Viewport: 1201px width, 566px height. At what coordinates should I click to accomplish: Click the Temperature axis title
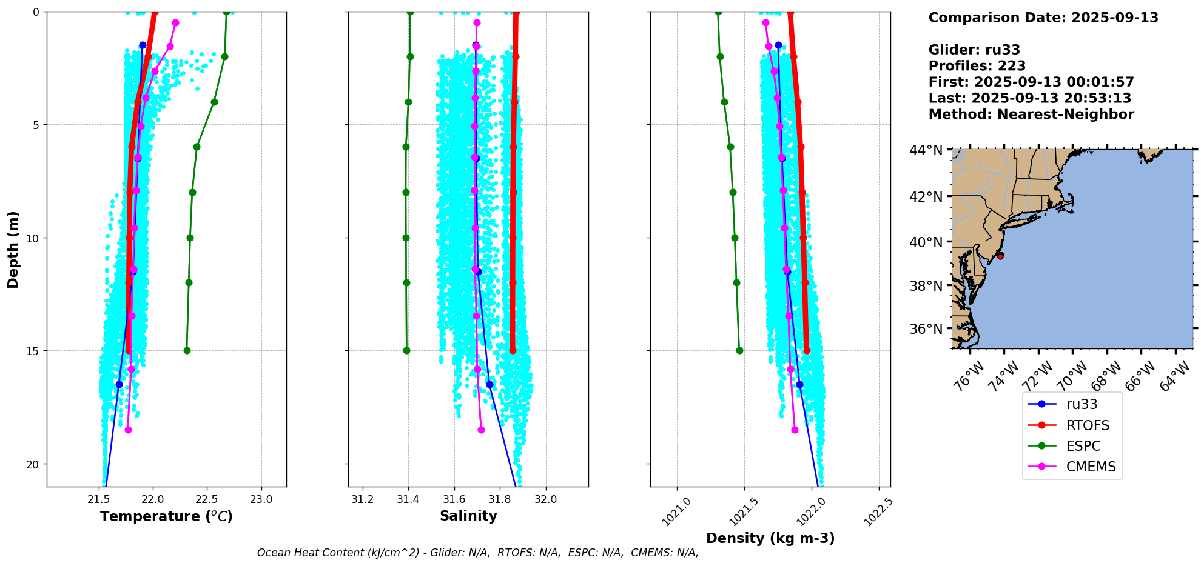(x=166, y=516)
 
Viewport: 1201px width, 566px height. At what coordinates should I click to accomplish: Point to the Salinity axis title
(x=468, y=516)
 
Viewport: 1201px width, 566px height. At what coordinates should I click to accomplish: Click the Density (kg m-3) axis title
(x=770, y=538)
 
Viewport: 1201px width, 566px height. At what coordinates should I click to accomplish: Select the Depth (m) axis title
(x=13, y=249)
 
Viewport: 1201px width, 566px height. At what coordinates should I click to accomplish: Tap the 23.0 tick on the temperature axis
(x=261, y=500)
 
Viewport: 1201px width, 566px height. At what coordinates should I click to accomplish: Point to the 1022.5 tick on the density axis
(x=878, y=511)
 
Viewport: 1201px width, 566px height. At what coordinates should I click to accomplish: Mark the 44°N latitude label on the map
(x=926, y=150)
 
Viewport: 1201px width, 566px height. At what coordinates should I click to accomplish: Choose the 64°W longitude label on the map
(x=1174, y=376)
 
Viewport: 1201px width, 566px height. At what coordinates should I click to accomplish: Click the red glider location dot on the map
(x=1000, y=256)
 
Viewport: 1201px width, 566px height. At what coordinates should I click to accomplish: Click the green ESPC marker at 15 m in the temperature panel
(x=187, y=350)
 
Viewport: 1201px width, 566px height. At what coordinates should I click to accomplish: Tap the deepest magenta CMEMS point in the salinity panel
(x=481, y=430)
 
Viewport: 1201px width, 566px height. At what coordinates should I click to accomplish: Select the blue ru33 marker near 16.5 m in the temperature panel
(x=119, y=384)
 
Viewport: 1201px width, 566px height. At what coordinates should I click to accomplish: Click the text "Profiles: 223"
(x=977, y=66)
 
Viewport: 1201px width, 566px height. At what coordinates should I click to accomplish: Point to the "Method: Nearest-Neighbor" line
(x=1031, y=115)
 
